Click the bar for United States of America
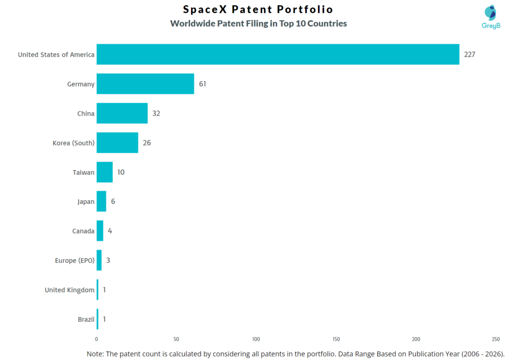278,54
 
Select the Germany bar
145,84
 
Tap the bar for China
122,113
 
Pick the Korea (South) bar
117,143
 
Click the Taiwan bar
104,172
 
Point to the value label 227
469,54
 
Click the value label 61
203,84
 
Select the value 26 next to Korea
147,143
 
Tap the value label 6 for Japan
113,202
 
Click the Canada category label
83,231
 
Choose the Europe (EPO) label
74,260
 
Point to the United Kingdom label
69,290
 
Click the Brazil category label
86,319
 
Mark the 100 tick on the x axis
256,339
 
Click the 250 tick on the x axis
496,339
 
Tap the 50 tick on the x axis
176,339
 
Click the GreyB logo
491,17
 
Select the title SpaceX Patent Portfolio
258,9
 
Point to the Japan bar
101,202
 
